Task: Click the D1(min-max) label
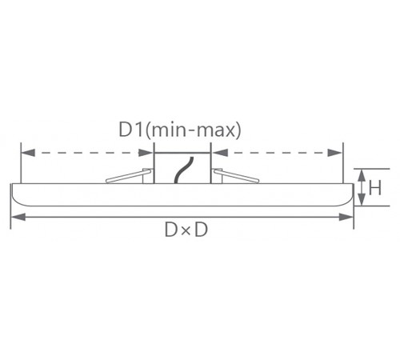pyautogui.click(x=180, y=130)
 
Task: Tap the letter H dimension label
pyautogui.click(x=375, y=188)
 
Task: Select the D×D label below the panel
pyautogui.click(x=186, y=230)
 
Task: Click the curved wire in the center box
pyautogui.click(x=183, y=170)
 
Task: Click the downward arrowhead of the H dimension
pyautogui.click(x=362, y=200)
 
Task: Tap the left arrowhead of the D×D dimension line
pyautogui.click(x=18, y=217)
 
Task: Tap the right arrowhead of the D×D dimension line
pyautogui.click(x=346, y=217)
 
